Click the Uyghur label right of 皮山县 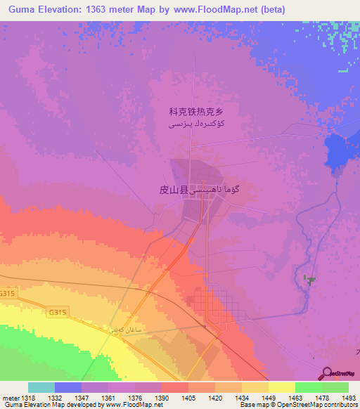[218, 190]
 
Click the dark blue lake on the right [336, 151]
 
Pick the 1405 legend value [189, 397]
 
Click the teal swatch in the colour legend [41, 387]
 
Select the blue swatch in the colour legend [68, 387]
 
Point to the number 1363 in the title [112, 9]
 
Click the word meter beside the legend [10, 397]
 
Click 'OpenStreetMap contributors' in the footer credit [310, 405]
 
